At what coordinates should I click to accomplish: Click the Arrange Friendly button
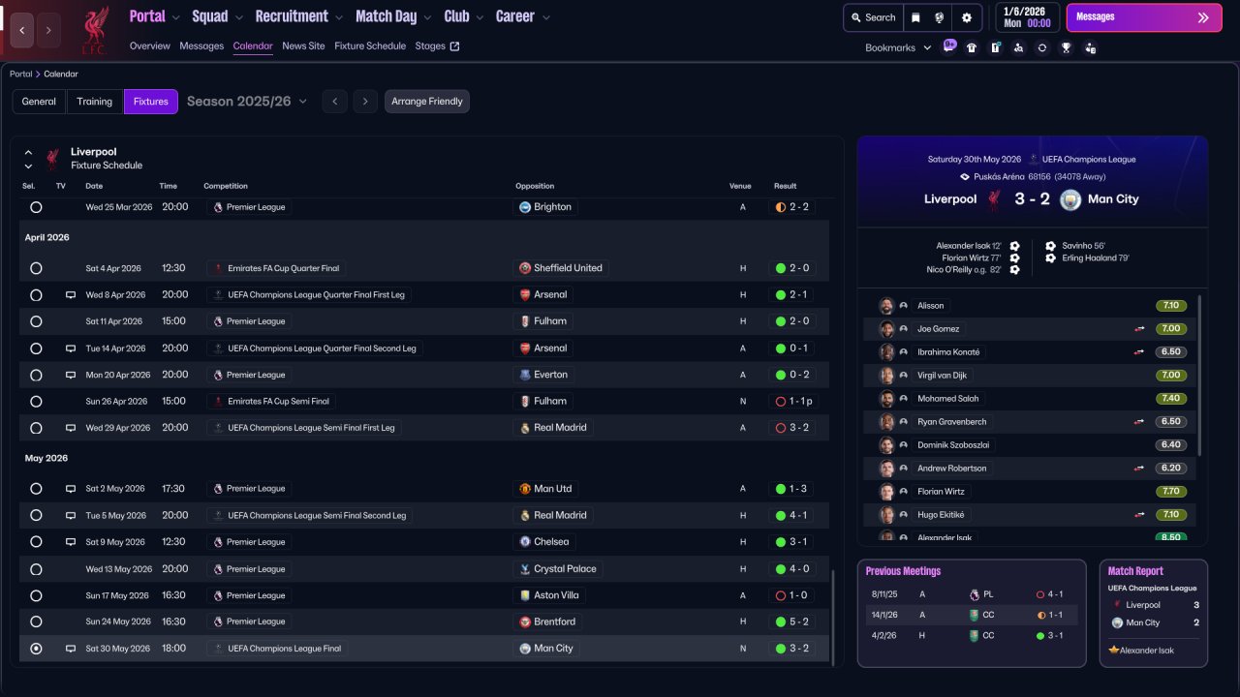point(426,102)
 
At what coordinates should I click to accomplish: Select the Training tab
point(95,102)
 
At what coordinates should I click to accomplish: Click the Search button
point(872,17)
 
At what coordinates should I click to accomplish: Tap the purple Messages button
point(1143,17)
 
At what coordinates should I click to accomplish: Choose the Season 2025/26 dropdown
point(246,102)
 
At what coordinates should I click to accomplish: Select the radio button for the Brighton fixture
point(36,207)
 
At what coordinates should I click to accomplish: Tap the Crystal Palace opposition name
point(565,568)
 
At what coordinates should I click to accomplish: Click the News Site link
point(303,45)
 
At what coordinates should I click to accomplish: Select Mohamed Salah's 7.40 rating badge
point(1170,398)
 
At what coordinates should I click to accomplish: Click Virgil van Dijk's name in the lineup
point(942,375)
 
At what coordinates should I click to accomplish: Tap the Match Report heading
point(1135,571)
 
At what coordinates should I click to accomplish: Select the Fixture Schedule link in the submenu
point(369,45)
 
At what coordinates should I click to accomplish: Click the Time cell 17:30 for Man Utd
point(173,489)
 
